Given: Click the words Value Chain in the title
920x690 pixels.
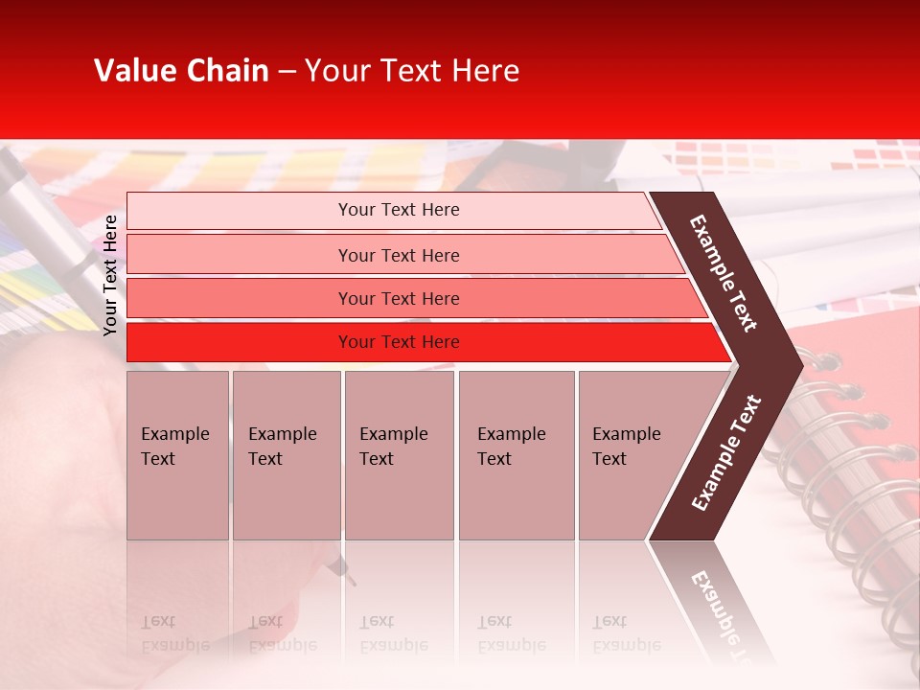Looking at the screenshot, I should point(181,71).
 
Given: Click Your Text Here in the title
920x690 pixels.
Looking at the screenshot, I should point(412,71).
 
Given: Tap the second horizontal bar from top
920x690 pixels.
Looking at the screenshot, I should point(399,255).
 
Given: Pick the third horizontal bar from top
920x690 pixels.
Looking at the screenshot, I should point(399,298).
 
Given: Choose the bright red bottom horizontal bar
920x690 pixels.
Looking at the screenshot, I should point(399,342).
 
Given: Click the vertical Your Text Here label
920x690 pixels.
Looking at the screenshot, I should point(110,275).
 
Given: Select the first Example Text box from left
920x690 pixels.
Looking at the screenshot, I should point(177,455).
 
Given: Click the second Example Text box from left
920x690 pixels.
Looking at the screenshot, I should point(286,455).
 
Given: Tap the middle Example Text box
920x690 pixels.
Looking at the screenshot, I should point(399,455).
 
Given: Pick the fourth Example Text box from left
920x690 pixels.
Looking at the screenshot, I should point(516,455).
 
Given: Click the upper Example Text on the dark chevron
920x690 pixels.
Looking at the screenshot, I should point(724,273).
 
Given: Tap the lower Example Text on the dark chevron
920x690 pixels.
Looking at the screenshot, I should point(726,452).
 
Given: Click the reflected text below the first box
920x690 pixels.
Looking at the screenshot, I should point(174,633).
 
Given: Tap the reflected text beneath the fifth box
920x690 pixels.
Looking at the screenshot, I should point(626,633).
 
